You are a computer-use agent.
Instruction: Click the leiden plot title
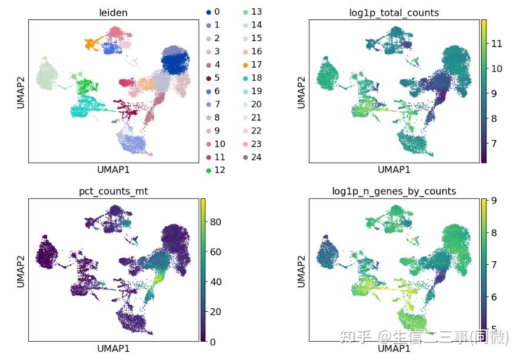pyautogui.click(x=114, y=12)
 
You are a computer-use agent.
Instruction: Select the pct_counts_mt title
pyautogui.click(x=114, y=191)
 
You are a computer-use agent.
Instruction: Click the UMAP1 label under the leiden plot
pyautogui.click(x=114, y=170)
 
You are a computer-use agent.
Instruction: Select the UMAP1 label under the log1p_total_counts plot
pyautogui.click(x=394, y=170)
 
